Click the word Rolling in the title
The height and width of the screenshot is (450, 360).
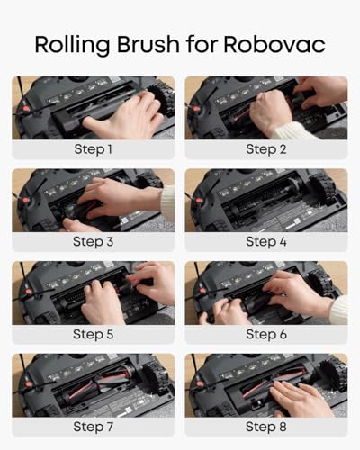[72, 45]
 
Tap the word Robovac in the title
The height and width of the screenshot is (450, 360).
[274, 45]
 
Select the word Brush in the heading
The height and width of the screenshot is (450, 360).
[148, 44]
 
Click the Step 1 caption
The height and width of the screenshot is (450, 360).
[94, 149]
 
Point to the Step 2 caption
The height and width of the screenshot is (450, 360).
[266, 149]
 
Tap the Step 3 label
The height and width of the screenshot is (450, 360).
[94, 241]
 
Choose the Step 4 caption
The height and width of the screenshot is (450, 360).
[266, 241]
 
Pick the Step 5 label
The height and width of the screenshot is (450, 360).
[94, 334]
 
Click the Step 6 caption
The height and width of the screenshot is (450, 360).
[266, 334]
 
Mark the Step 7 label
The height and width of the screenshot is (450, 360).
[94, 427]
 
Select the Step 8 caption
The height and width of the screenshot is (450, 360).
[266, 427]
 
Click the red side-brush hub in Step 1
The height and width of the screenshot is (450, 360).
[26, 109]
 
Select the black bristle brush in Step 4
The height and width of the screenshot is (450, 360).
[258, 198]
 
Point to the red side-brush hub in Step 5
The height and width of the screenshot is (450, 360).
[29, 292]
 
